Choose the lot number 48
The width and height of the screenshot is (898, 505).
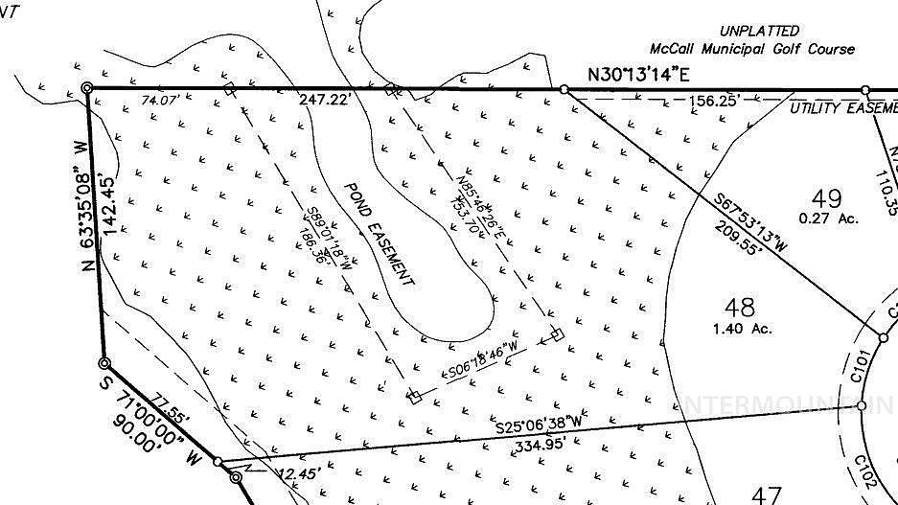pyautogui.click(x=740, y=308)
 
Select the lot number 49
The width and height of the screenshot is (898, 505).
pyautogui.click(x=826, y=198)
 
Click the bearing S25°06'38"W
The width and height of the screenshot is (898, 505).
pyautogui.click(x=538, y=423)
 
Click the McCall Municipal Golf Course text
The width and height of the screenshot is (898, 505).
pyautogui.click(x=751, y=49)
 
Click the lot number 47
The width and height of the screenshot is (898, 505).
pyautogui.click(x=767, y=495)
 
